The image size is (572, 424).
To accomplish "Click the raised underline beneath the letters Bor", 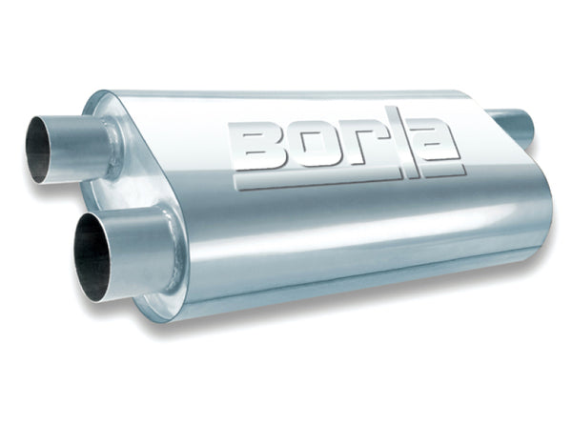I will coord(315,179).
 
